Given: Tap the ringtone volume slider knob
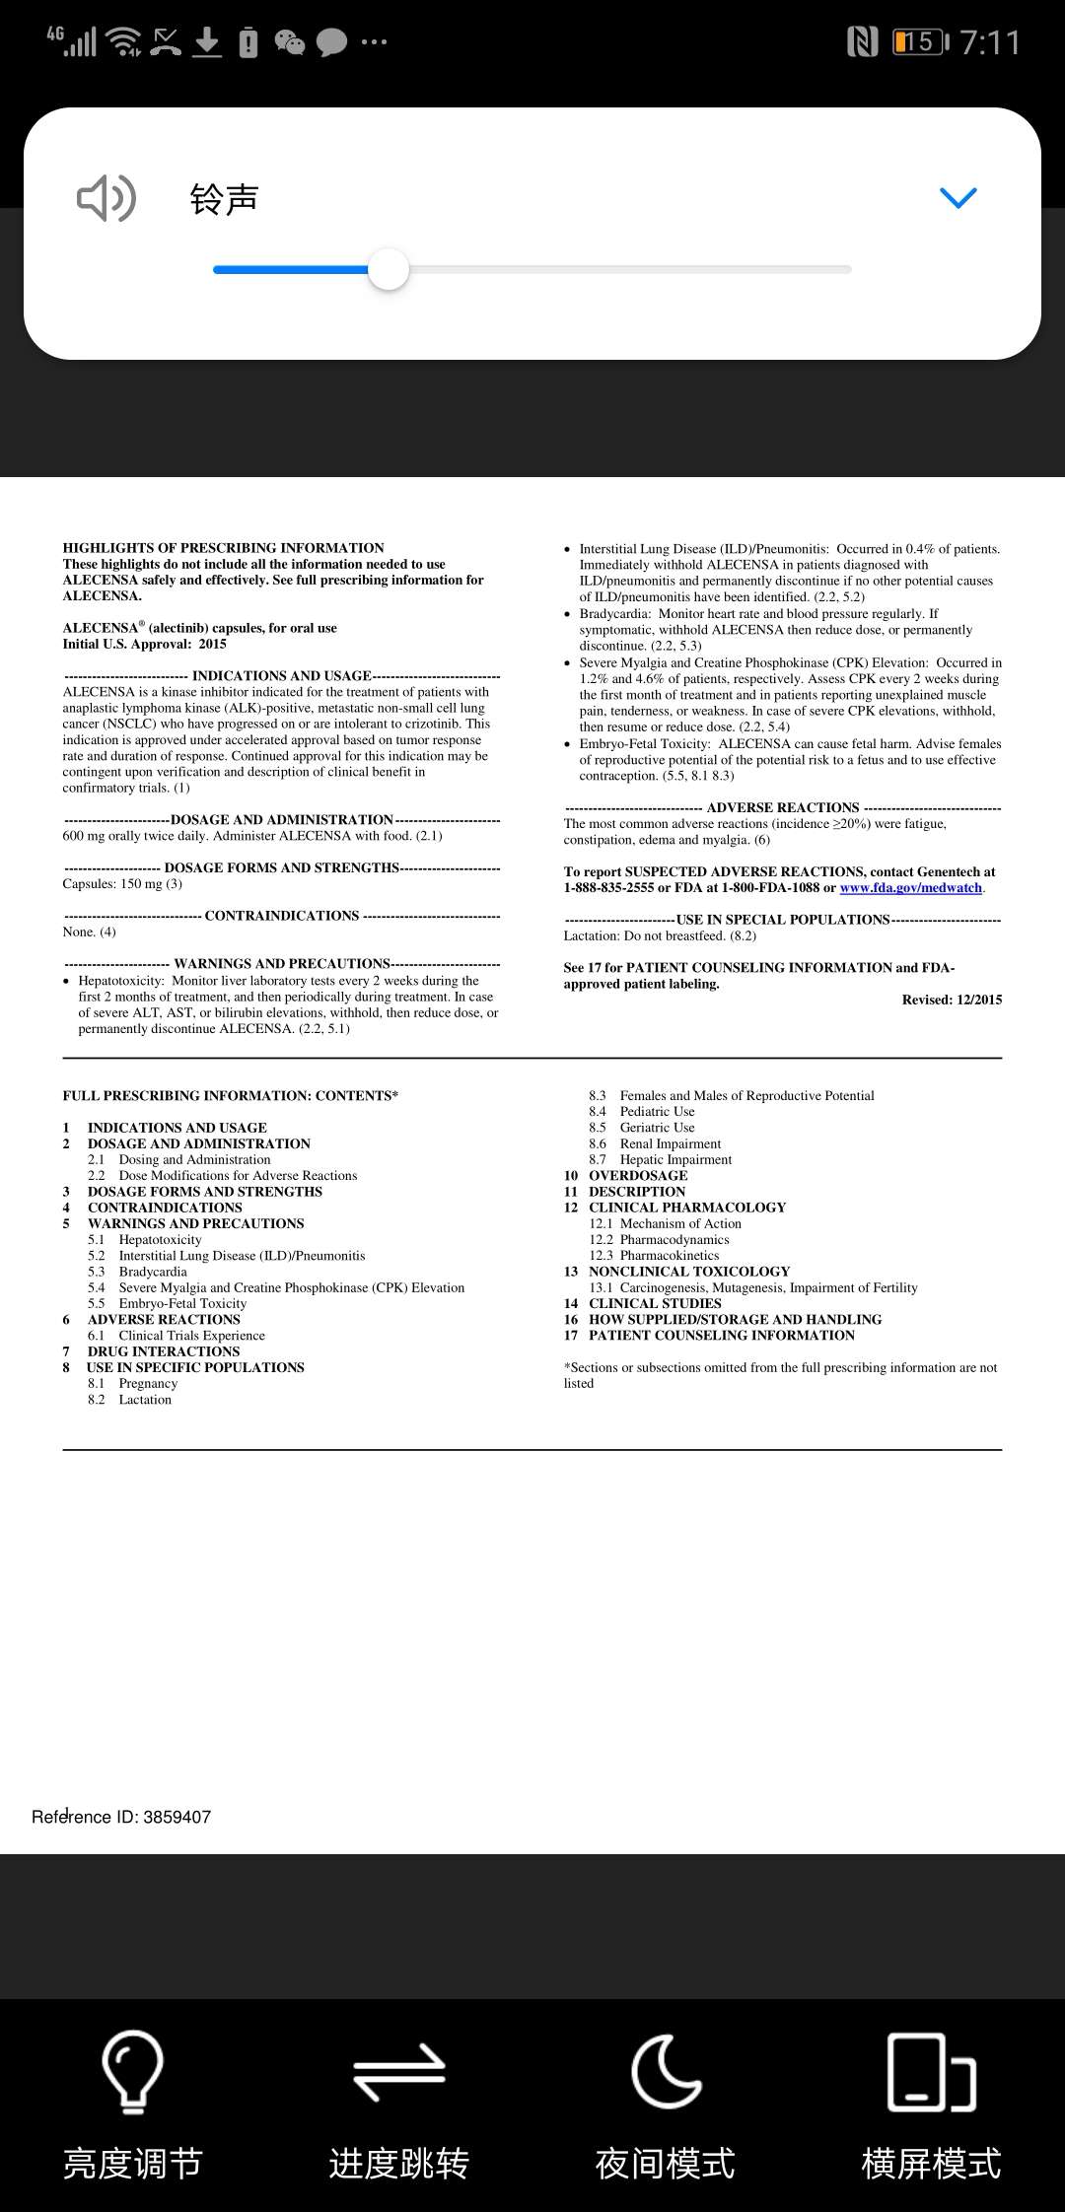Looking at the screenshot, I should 389,269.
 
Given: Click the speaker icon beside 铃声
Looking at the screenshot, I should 106,199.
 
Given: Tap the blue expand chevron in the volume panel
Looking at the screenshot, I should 958,198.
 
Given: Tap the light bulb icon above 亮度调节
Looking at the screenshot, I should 132,2071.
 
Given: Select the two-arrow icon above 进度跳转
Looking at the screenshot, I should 399,2071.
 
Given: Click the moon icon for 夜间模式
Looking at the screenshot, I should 666,2071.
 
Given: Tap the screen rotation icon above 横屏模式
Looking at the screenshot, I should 931,2071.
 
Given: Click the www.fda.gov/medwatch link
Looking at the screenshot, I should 910,888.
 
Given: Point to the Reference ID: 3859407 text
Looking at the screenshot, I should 121,1817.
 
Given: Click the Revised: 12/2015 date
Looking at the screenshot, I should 952,1000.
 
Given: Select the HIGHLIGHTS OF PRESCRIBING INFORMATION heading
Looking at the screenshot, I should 224,548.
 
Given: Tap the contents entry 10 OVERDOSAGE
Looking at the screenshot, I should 637,1175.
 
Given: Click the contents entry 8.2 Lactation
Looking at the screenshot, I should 144,1400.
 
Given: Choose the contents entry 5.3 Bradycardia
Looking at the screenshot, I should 152,1272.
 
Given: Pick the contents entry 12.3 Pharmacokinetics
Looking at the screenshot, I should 669,1256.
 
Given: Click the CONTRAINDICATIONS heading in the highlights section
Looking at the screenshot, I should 282,916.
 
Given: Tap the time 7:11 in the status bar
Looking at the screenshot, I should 989,42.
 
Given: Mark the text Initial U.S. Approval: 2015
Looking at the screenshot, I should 145,644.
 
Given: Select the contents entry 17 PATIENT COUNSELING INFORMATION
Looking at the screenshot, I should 721,1336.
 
